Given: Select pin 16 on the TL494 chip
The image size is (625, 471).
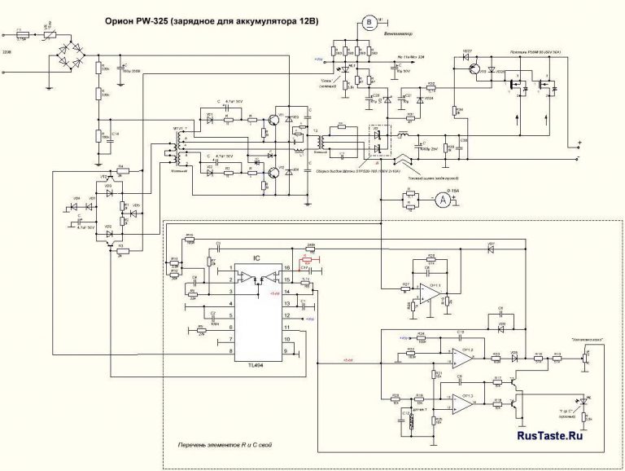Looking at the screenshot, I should [x=285, y=267].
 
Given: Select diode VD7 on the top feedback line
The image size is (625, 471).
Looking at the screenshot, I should [x=491, y=245].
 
